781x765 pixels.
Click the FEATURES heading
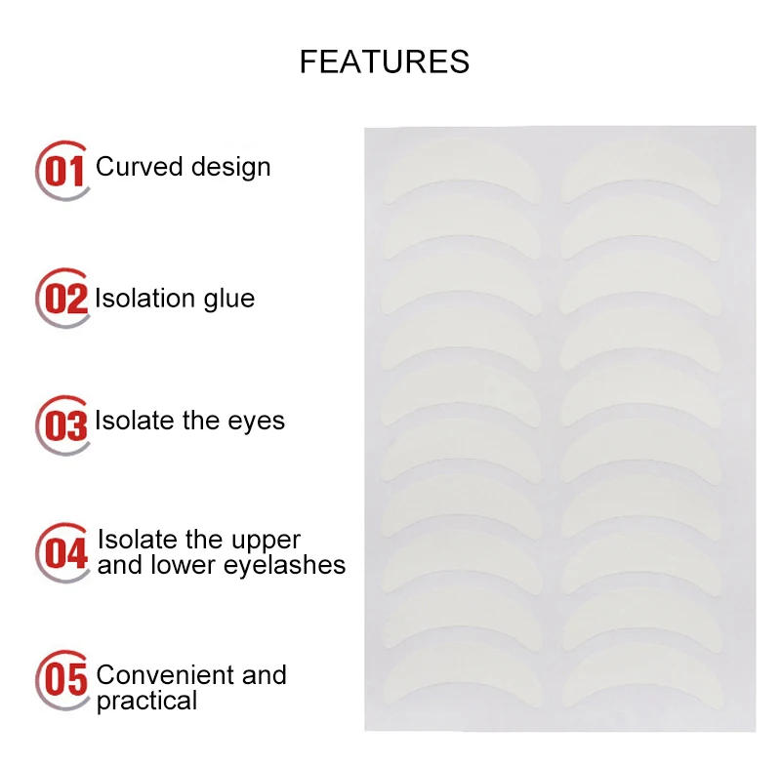click(384, 61)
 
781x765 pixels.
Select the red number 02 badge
click(64, 299)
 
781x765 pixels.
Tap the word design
click(230, 167)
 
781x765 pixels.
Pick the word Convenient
click(158, 675)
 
